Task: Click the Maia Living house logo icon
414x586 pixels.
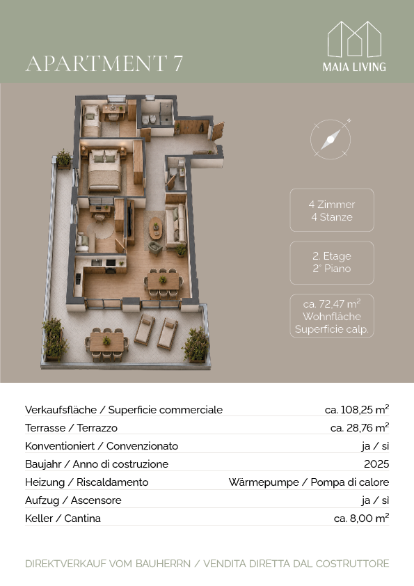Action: [x=354, y=39]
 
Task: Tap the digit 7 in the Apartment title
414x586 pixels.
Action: [x=178, y=63]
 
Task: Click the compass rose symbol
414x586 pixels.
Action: [x=331, y=139]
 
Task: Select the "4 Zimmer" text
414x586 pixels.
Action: [x=332, y=205]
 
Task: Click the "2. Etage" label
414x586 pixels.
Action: [x=332, y=256]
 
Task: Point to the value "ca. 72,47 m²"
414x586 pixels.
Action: [x=332, y=303]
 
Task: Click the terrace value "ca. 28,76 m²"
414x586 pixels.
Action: [x=360, y=427]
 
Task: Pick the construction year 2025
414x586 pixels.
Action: [x=376, y=464]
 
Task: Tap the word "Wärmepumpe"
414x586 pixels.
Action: [x=264, y=482]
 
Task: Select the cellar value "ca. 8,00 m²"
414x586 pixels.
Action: [x=361, y=518]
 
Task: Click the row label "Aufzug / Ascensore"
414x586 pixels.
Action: [x=73, y=500]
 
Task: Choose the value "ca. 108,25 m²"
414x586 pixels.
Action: [x=357, y=410]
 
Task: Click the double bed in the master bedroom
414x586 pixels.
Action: [x=105, y=170]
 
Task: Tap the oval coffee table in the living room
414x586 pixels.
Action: [x=156, y=228]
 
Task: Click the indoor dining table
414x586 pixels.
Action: [x=164, y=280]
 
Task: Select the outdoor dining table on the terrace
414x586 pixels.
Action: [x=107, y=342]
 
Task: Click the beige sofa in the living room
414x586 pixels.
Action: [x=176, y=225]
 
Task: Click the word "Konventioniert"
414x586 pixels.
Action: [x=60, y=446]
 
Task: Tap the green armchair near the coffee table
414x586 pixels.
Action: [x=154, y=247]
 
